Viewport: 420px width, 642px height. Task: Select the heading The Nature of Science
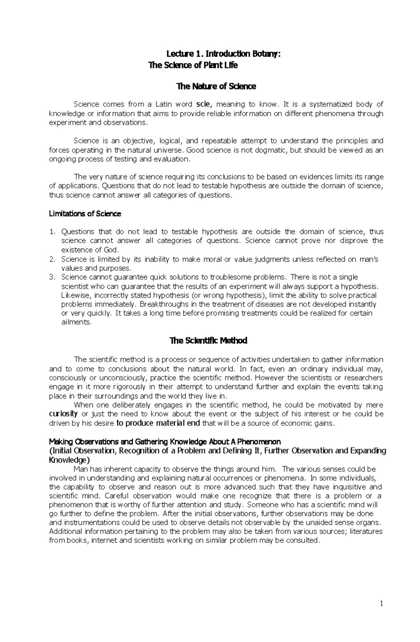(217, 86)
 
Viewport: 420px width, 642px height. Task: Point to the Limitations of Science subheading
(85, 214)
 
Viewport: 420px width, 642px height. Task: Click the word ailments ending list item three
(76, 322)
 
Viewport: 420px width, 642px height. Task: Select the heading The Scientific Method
(208, 341)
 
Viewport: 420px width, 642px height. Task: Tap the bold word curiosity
(63, 414)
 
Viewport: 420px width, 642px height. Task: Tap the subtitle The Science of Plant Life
(193, 65)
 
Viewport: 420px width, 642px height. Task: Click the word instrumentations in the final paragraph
(91, 523)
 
